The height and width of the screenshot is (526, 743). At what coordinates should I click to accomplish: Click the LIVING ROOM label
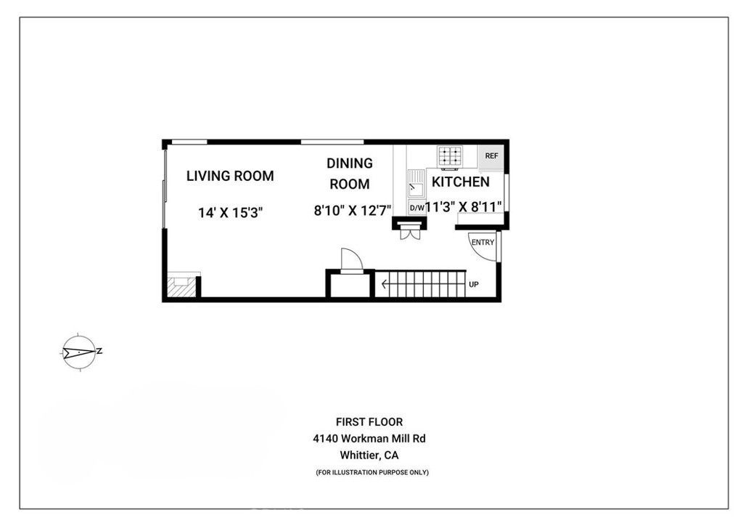230,176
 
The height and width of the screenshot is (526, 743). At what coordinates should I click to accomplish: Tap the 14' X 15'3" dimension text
230,213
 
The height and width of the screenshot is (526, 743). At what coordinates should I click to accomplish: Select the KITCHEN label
461,182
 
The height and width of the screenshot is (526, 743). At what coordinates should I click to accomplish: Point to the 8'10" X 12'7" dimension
353,211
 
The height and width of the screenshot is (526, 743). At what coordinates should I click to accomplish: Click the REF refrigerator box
491,155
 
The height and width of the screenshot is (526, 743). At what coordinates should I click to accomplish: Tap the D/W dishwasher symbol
416,208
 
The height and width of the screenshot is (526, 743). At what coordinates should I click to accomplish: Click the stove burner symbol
450,156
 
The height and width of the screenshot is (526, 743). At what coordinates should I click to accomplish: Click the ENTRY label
482,243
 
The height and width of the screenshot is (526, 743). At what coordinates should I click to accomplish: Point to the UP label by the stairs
473,284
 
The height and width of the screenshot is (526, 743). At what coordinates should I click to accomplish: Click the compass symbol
78,353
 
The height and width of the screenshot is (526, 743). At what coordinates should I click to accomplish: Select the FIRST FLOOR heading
369,422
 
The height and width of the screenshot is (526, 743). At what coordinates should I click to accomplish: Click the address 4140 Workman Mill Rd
369,439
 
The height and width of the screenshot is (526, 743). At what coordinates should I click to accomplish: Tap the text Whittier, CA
369,456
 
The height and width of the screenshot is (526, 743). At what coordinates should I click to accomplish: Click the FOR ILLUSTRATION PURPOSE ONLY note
372,473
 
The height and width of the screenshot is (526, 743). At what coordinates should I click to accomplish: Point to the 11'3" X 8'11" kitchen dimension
464,207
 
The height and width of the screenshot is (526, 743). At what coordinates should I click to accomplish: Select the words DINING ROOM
349,174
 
